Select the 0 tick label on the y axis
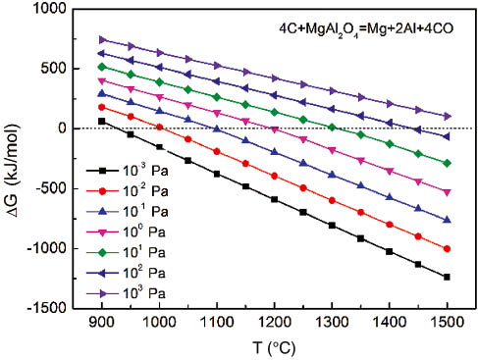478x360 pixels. point(60,129)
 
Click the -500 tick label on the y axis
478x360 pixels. point(48,188)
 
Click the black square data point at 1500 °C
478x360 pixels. point(448,278)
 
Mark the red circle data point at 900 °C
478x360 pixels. point(101,107)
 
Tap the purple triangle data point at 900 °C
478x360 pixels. point(101,39)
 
